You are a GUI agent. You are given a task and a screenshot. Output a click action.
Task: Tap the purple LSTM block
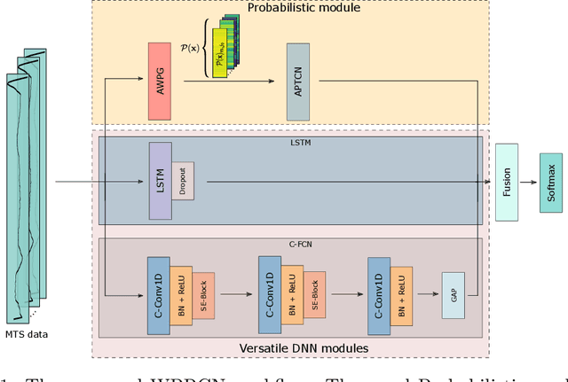[x=161, y=182]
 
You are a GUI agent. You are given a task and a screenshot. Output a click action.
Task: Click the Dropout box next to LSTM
[x=183, y=182]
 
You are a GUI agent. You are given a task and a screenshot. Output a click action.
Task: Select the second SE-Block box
[x=315, y=293]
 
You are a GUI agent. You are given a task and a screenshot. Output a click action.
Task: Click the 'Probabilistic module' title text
[x=304, y=8]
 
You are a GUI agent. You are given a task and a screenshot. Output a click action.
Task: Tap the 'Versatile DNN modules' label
[x=304, y=347]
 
